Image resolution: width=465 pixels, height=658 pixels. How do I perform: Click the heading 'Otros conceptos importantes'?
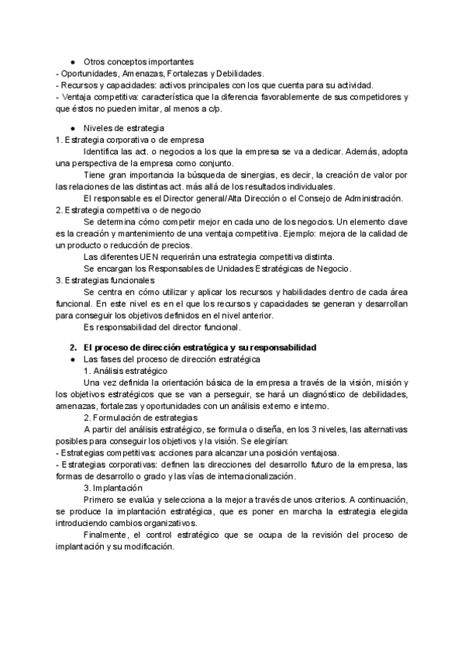[139, 61]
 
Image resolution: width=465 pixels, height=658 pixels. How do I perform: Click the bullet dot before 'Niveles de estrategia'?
[72, 126]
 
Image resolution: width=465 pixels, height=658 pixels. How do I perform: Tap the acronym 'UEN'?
[139, 257]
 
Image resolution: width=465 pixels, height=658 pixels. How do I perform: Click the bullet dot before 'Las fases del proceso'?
[72, 359]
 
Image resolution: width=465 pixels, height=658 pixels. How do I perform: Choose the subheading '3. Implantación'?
[113, 487]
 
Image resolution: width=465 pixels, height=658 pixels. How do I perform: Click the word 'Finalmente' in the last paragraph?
[106, 535]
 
